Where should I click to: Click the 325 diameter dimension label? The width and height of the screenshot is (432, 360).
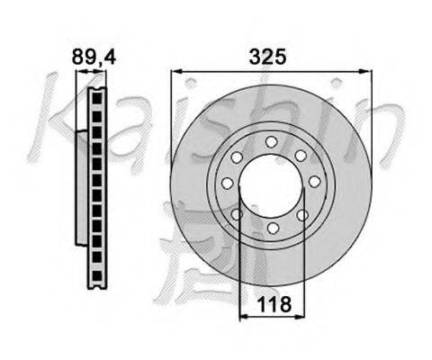(267, 57)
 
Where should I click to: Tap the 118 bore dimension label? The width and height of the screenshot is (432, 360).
(274, 304)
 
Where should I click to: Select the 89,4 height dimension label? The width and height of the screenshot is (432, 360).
(94, 57)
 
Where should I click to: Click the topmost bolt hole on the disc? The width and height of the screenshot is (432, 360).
(271, 142)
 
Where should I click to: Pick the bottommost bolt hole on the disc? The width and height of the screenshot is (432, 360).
(273, 228)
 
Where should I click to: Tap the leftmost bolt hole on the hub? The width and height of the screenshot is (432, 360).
(228, 183)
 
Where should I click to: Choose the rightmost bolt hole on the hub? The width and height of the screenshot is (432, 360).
(315, 182)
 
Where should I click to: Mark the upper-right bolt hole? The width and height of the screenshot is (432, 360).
(301, 156)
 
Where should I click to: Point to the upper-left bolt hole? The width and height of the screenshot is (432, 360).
(237, 157)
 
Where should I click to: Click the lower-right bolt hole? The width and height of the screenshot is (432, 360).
(302, 215)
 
